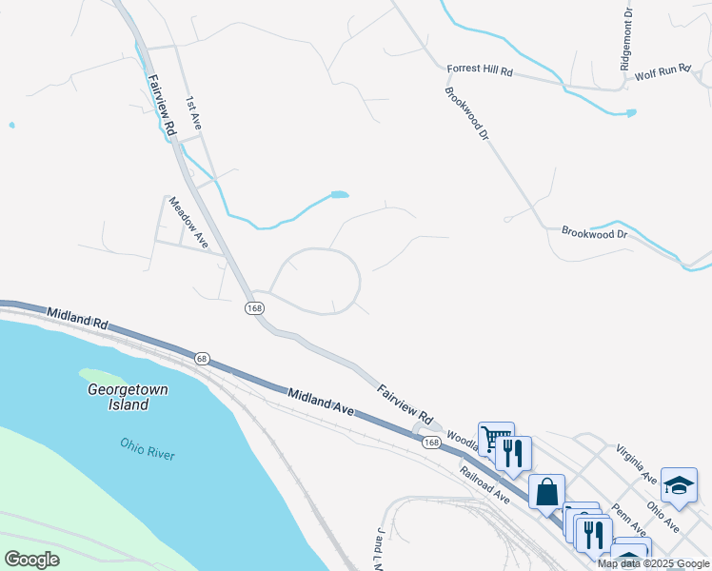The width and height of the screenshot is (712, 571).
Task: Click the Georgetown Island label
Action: [118, 397]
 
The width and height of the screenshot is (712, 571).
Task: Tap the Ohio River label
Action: [148, 447]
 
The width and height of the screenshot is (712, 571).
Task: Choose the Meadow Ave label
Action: [188, 222]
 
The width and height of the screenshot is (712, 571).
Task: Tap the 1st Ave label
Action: [194, 113]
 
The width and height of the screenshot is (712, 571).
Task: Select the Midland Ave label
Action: [321, 401]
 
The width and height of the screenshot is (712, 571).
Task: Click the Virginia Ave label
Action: [635, 463]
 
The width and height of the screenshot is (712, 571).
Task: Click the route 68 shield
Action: [202, 358]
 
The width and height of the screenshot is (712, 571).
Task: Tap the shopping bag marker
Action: [546, 492]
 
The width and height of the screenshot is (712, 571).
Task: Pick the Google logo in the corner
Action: [31, 560]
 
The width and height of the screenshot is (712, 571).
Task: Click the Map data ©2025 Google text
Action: [653, 563]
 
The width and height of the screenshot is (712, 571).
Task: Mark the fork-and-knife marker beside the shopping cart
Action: [514, 454]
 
